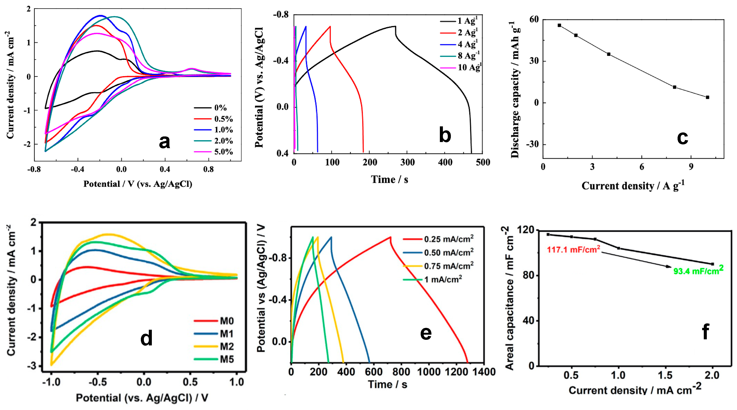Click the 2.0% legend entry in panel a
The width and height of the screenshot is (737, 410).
tap(223, 141)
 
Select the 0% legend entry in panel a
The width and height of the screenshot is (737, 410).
tap(220, 108)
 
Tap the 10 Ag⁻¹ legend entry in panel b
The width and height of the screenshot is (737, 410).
tap(469, 68)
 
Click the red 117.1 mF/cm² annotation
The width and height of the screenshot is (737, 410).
tap(573, 250)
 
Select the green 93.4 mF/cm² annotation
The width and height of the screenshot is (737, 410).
tap(698, 270)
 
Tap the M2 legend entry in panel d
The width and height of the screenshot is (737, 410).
tap(226, 347)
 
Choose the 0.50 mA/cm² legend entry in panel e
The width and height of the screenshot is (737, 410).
tap(449, 253)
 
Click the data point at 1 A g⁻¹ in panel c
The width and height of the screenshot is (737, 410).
tap(559, 26)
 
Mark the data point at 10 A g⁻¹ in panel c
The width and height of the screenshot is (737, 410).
tap(708, 97)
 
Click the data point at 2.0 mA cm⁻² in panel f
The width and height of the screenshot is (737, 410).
tap(712, 264)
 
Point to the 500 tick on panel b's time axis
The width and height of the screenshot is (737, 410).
tap(483, 162)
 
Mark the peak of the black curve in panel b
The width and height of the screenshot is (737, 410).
tap(395, 26)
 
